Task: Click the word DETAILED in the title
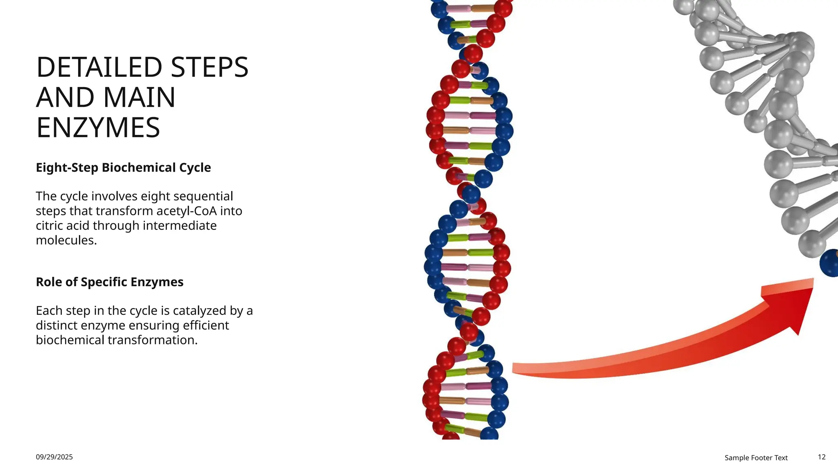tap(99, 67)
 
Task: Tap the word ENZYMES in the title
tap(98, 128)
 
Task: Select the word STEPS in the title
tap(209, 67)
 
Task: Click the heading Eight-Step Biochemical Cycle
tap(123, 168)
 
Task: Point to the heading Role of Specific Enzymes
tap(109, 282)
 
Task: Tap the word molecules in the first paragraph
tap(66, 240)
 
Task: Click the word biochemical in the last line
tap(69, 340)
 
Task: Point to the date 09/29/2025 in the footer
tap(54, 457)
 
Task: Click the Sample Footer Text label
tap(756, 458)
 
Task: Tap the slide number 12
tap(822, 457)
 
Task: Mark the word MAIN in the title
tap(139, 98)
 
